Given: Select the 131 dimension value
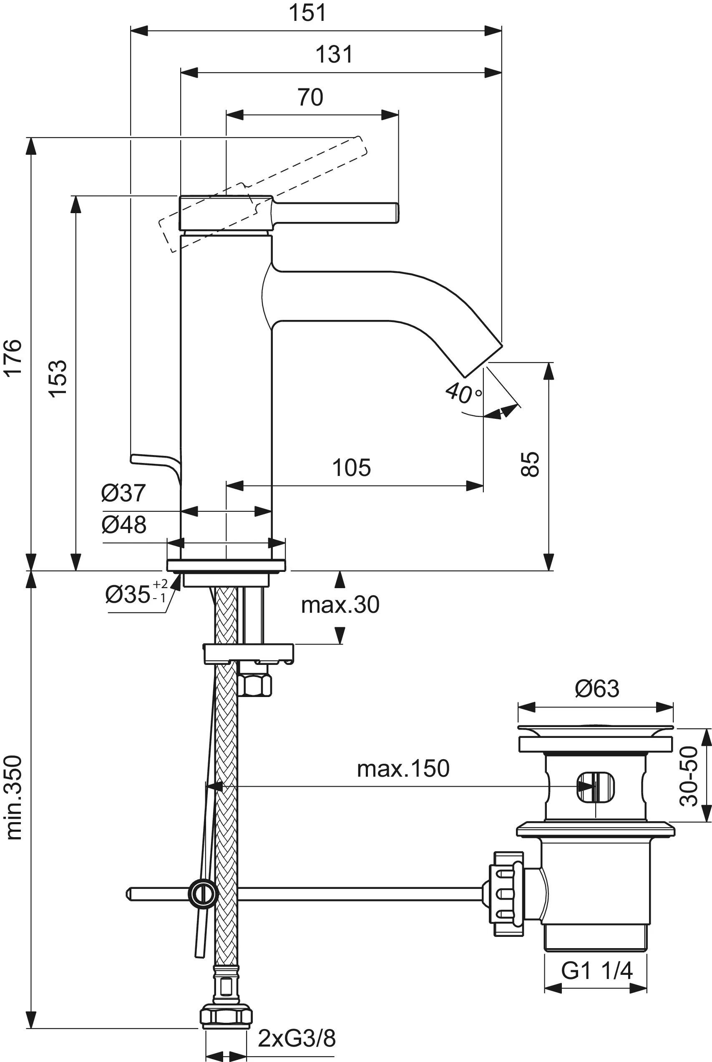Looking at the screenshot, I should coord(334,55).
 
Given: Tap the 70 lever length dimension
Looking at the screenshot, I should coord(310,97).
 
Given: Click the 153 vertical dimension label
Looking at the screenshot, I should coord(58,379).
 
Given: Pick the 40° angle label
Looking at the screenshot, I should coord(463,393).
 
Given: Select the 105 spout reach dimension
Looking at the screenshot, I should coord(351,468).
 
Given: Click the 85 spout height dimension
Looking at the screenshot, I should coord(529,464).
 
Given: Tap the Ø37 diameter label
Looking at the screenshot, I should coord(123,493).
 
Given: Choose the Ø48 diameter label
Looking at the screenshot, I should coord(123,524).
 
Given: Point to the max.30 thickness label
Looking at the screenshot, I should coord(340,605).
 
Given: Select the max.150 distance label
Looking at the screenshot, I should coord(403,769).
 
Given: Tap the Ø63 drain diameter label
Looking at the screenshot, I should coord(596,689).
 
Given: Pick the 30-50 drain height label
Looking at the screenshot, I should coord(689,776).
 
